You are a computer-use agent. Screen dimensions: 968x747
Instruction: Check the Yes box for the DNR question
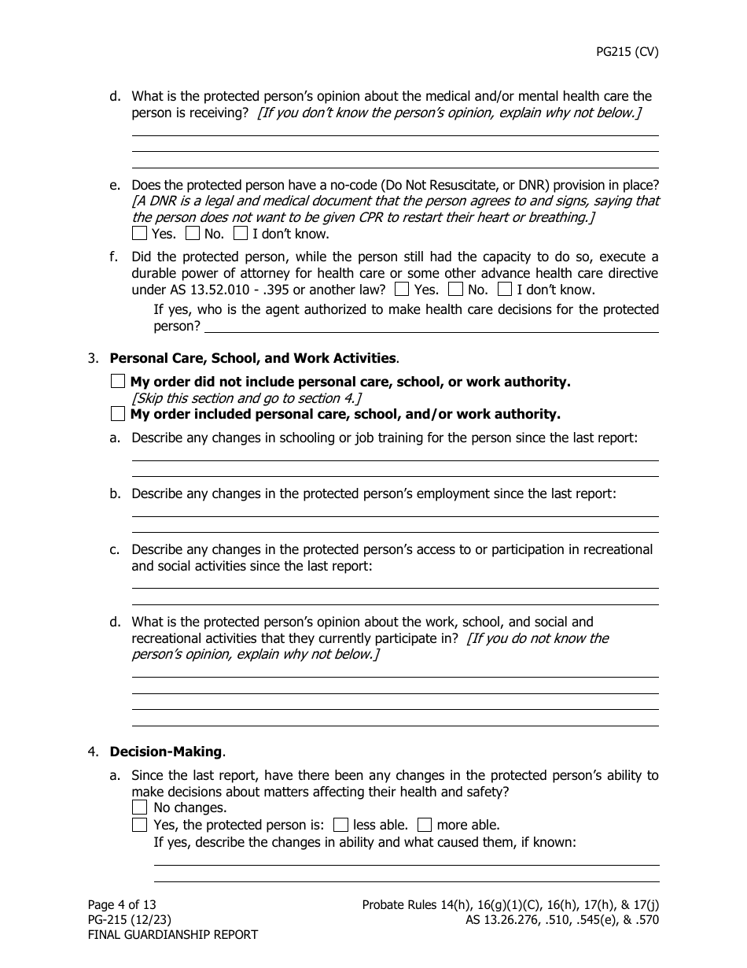click(x=140, y=234)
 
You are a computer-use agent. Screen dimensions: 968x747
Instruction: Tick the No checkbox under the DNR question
click(x=193, y=234)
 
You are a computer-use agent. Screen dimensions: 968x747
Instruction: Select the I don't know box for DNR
click(x=241, y=234)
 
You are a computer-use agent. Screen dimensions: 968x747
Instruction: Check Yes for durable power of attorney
click(x=403, y=290)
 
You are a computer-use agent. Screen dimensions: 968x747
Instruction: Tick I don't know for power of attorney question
click(x=505, y=290)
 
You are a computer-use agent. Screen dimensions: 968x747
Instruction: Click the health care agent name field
click(x=431, y=326)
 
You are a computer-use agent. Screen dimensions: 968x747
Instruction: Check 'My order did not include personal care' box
click(x=118, y=382)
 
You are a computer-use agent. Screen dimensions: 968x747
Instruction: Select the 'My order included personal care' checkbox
click(x=118, y=414)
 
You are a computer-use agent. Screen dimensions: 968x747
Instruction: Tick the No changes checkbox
click(x=140, y=807)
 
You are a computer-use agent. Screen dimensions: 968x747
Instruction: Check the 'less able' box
click(x=340, y=826)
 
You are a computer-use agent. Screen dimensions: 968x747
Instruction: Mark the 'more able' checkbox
click(x=425, y=826)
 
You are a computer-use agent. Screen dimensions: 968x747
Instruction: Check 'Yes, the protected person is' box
click(x=140, y=826)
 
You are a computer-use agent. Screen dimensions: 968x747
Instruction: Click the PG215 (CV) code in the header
click(x=627, y=52)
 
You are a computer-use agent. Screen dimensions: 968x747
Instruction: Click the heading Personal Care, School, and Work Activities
click(x=252, y=359)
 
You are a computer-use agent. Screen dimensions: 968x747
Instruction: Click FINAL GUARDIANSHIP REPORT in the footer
click(x=172, y=935)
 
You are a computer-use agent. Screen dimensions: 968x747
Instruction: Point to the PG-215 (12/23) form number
click(x=129, y=920)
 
